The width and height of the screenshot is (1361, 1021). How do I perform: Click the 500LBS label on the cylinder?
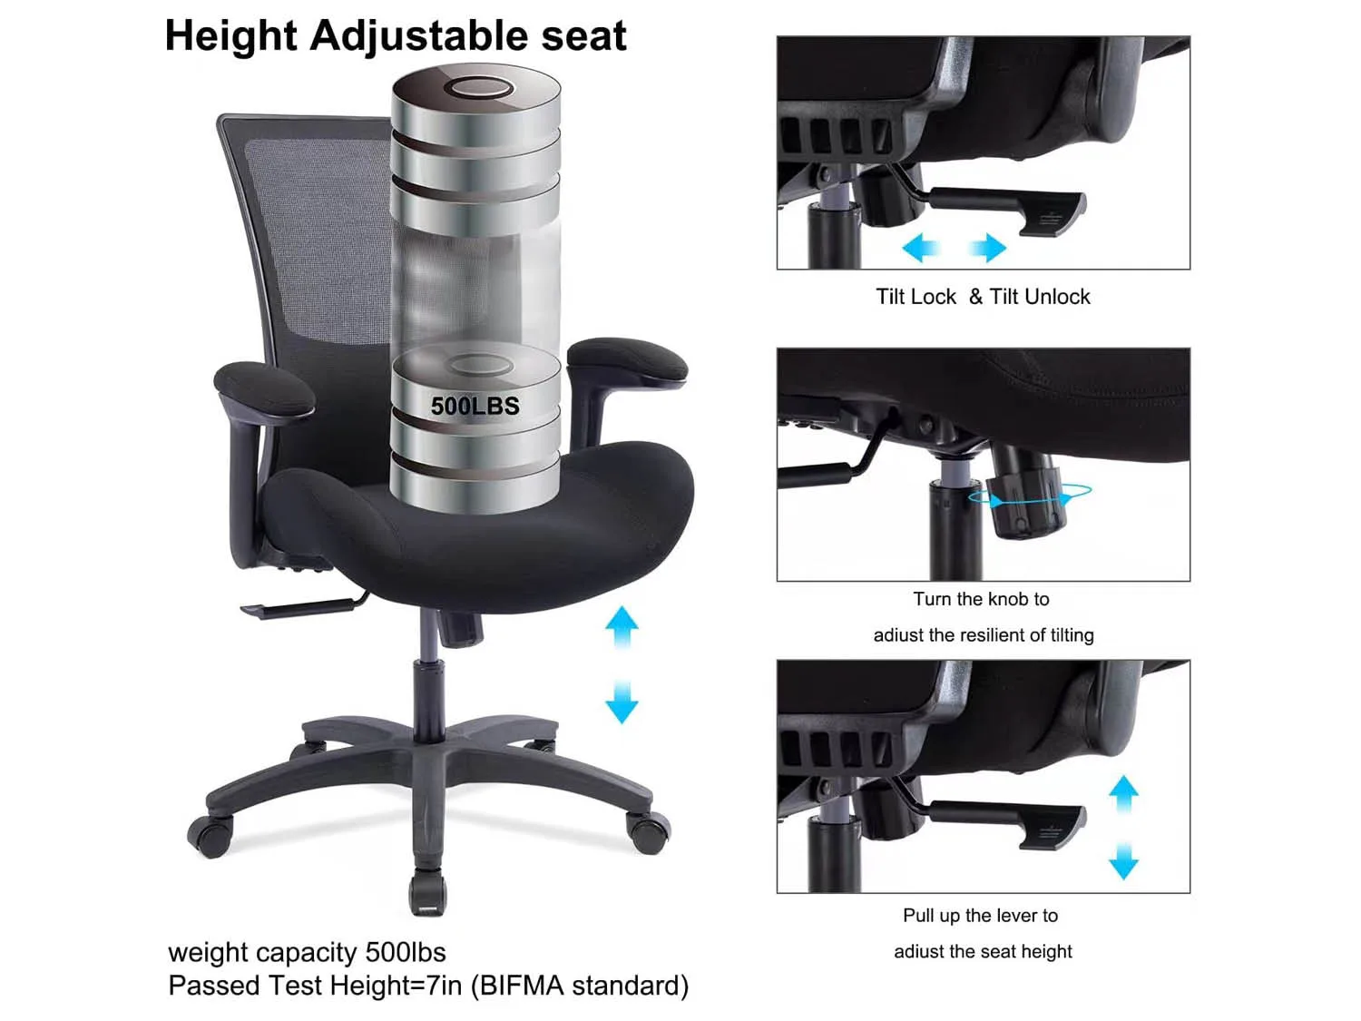pyautogui.click(x=475, y=406)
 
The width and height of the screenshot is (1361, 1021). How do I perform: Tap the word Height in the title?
pyautogui.click(x=230, y=37)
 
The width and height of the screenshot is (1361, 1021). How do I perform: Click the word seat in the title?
pyautogui.click(x=583, y=37)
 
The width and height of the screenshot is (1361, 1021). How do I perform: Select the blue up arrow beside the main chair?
pyautogui.click(x=622, y=627)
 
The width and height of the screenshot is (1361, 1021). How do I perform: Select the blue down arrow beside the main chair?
pyautogui.click(x=622, y=702)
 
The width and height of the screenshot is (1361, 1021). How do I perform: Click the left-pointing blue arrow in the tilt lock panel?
pyautogui.click(x=921, y=248)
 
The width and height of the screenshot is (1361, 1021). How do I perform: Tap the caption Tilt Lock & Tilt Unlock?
pyautogui.click(x=983, y=297)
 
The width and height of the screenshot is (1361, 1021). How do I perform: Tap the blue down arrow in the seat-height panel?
pyautogui.click(x=1123, y=860)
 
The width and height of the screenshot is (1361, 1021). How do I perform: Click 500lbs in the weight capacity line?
pyautogui.click(x=406, y=952)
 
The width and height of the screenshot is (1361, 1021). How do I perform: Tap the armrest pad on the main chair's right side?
pyautogui.click(x=628, y=359)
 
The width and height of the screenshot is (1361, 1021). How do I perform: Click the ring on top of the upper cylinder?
pyautogui.click(x=483, y=87)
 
